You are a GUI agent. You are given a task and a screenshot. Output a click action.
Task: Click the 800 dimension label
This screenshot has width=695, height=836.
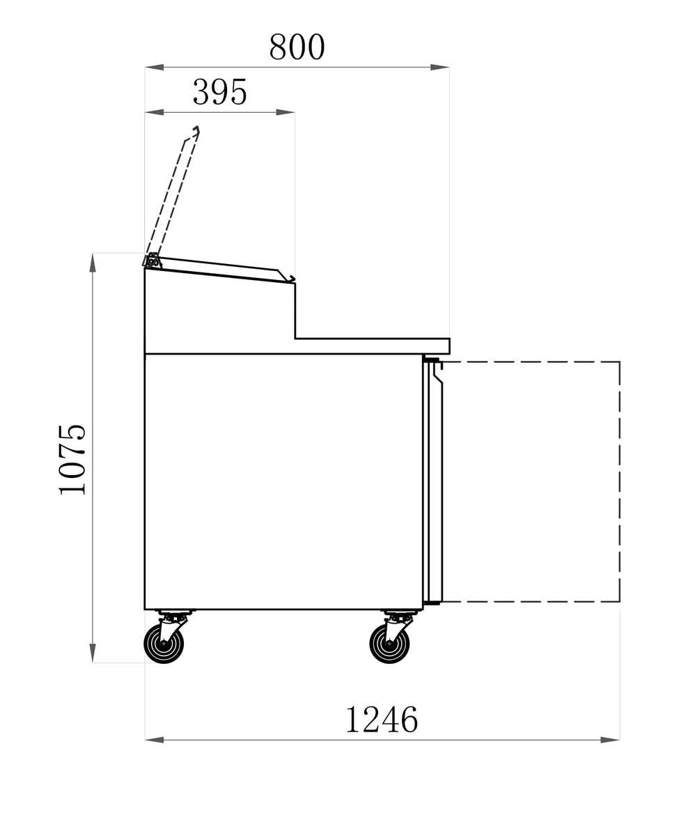pos(297,47)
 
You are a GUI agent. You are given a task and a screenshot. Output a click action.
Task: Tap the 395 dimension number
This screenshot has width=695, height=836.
pos(220,92)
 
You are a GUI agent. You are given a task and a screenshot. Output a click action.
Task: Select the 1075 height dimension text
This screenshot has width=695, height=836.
pos(72,459)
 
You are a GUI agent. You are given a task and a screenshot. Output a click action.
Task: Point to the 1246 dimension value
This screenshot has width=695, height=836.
pos(381,719)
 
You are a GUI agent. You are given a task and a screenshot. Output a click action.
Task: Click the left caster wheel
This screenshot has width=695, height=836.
pos(164,644)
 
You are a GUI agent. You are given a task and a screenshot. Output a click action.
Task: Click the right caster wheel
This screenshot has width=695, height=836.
pos(389,644)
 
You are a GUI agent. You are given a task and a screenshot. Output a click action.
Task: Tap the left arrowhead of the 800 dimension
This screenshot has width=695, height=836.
pos(154,67)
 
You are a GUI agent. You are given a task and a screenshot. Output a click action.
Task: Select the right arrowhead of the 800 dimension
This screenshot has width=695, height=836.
pos(439,67)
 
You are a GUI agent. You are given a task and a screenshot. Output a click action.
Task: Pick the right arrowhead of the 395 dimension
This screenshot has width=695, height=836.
pos(286,112)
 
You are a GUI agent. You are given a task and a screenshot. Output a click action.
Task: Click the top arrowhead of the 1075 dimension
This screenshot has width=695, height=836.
pos(93,263)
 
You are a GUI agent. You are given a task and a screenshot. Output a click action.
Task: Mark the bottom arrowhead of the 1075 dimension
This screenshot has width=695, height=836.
pos(93,653)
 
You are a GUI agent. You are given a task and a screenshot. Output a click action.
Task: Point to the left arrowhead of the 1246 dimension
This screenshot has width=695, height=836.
pos(154,740)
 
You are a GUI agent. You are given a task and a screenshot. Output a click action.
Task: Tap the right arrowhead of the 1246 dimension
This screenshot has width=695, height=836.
pos(610,740)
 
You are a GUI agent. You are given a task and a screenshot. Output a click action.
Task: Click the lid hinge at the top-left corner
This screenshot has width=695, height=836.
pos(152,261)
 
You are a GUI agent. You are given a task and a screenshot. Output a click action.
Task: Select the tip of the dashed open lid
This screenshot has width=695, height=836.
pos(196,130)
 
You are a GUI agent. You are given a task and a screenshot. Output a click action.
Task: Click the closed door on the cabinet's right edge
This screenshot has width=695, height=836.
pos(432,481)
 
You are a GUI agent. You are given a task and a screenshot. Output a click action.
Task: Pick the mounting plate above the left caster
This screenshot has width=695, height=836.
pos(174,612)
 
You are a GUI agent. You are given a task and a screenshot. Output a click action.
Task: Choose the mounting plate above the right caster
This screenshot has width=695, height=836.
pos(400,612)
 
